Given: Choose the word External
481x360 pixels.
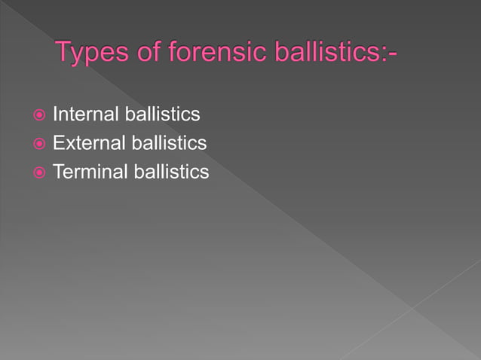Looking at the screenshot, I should [88, 143].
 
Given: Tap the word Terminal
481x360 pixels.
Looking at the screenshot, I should [90, 172].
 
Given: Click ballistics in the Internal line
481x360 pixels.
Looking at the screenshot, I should [162, 114].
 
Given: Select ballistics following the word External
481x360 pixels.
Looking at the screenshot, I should [169, 143].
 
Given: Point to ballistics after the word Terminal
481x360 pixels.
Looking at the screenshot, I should [171, 172].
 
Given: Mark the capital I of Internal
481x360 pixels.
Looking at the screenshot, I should [55, 114].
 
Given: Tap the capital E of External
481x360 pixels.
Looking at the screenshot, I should [58, 143].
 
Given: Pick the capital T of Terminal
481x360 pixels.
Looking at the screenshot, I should [58, 172].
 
